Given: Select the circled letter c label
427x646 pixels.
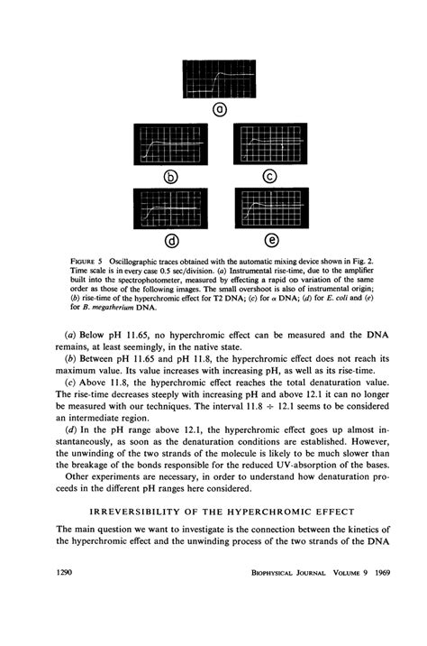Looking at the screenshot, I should coord(267,174).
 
